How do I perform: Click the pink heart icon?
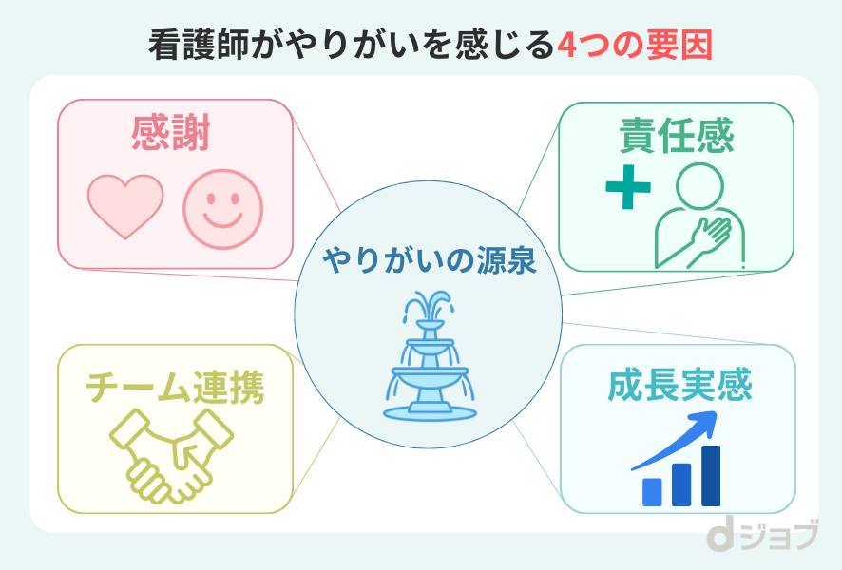124,205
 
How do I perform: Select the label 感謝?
171,135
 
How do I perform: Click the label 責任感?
676,136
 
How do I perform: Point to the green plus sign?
628,188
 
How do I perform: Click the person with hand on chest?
699,214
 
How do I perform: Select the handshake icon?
172,454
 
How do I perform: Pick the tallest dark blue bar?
710,475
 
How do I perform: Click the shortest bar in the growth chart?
652,491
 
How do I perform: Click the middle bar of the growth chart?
681,484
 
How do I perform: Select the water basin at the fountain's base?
429,409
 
